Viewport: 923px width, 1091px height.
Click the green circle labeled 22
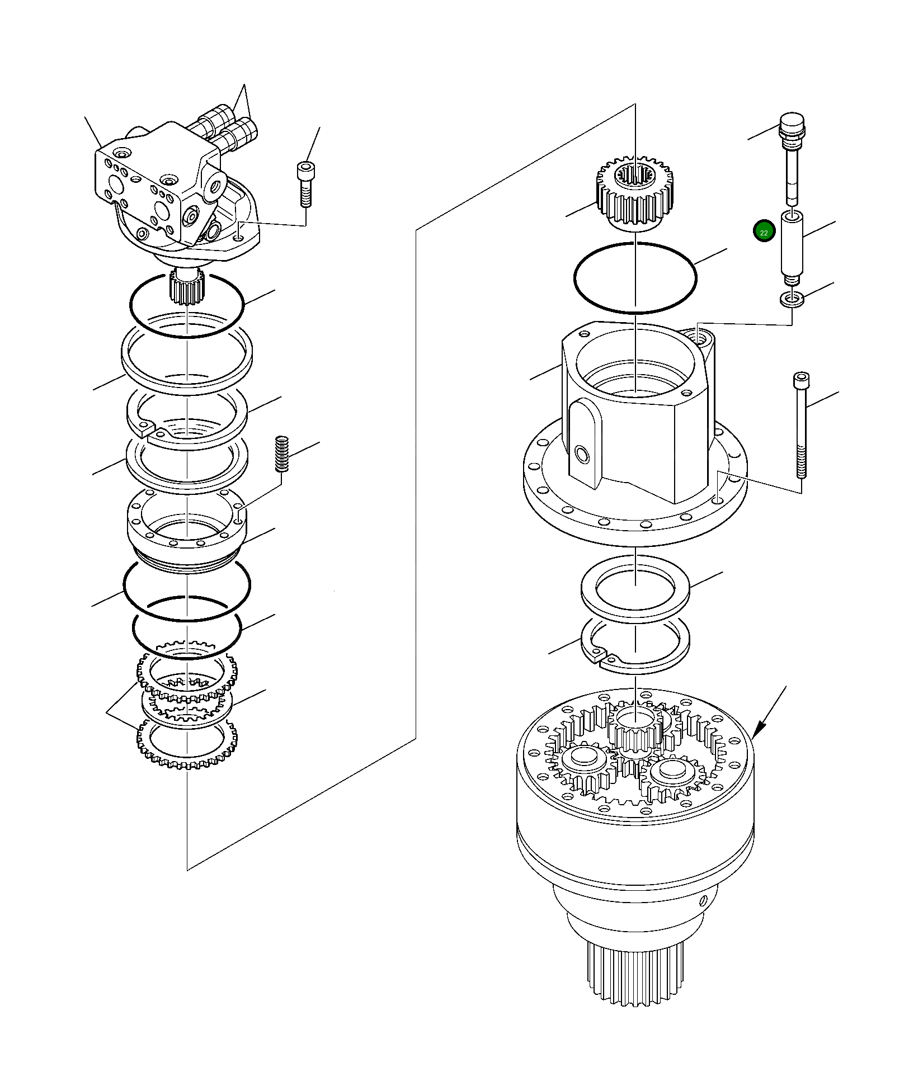pyautogui.click(x=764, y=232)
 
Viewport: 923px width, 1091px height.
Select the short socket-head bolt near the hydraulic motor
pyautogui.click(x=305, y=184)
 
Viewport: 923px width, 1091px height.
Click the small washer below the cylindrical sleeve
pyautogui.click(x=792, y=300)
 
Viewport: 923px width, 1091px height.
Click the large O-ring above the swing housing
pyautogui.click(x=635, y=278)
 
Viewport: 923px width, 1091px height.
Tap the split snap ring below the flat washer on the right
pyautogui.click(x=635, y=643)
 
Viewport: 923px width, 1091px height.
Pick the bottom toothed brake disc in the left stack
pyautogui.click(x=187, y=744)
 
